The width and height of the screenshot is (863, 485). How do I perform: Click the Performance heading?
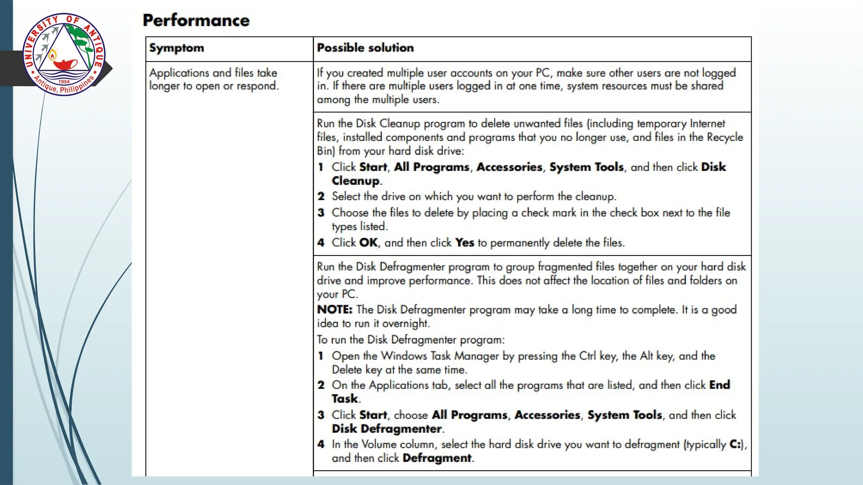point(196,20)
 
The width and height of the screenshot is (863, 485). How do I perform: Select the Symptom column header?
point(176,48)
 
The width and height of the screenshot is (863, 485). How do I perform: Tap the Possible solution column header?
point(365,48)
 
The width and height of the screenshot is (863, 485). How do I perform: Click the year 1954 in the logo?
point(64,82)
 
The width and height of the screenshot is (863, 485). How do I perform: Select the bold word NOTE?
point(334,309)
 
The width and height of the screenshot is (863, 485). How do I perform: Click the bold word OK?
point(368,243)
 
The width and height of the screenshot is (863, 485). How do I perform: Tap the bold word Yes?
point(464,243)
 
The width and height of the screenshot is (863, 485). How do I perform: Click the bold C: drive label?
point(735,444)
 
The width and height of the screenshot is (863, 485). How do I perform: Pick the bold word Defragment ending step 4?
point(437,458)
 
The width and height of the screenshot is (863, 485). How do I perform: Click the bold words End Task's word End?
point(719,385)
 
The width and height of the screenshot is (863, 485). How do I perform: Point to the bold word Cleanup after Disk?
point(355,181)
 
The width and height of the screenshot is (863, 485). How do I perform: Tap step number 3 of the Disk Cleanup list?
point(321,213)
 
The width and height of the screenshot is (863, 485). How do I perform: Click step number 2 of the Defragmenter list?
point(321,385)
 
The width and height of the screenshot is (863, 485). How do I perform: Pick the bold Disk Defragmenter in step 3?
point(386,429)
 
